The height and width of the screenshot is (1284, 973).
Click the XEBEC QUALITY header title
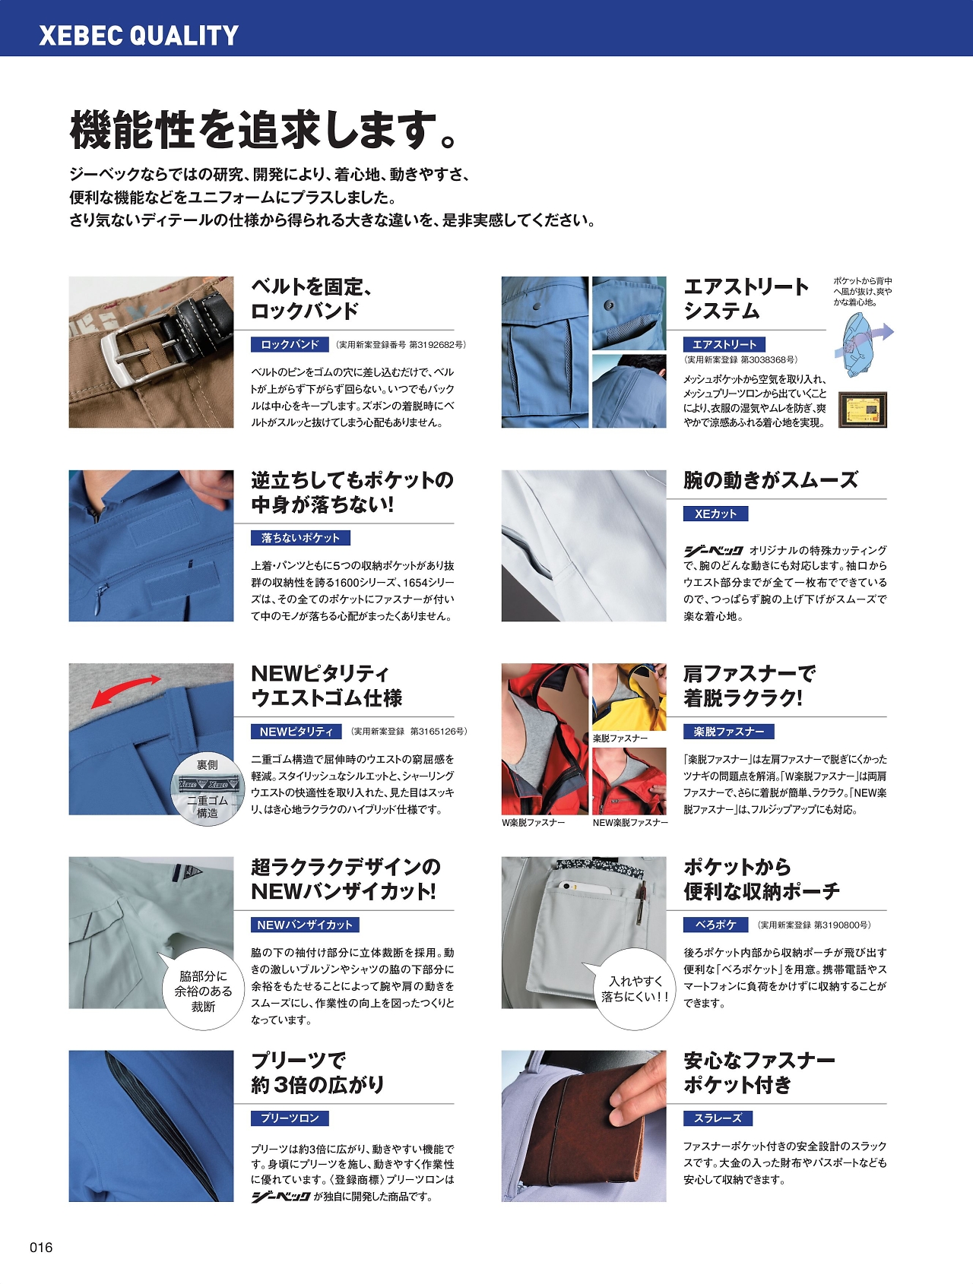tap(138, 36)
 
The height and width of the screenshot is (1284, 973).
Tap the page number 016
tap(41, 1248)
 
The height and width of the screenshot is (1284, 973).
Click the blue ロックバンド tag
tap(290, 344)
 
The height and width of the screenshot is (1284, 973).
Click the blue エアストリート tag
tap(724, 344)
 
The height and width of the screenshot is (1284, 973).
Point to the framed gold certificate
tap(863, 410)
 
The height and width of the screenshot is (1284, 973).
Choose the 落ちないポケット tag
tap(300, 538)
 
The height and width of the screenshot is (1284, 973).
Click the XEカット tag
tap(715, 514)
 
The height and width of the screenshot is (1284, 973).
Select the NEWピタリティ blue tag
tap(296, 732)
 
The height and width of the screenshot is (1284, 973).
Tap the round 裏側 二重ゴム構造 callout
tap(207, 788)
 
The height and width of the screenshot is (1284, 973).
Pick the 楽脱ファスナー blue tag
tap(728, 732)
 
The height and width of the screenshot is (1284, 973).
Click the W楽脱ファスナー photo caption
tap(533, 823)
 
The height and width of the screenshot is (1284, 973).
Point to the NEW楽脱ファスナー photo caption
tap(630, 823)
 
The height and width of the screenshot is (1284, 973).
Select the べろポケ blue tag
tap(715, 925)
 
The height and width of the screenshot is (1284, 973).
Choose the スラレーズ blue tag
tap(718, 1118)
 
